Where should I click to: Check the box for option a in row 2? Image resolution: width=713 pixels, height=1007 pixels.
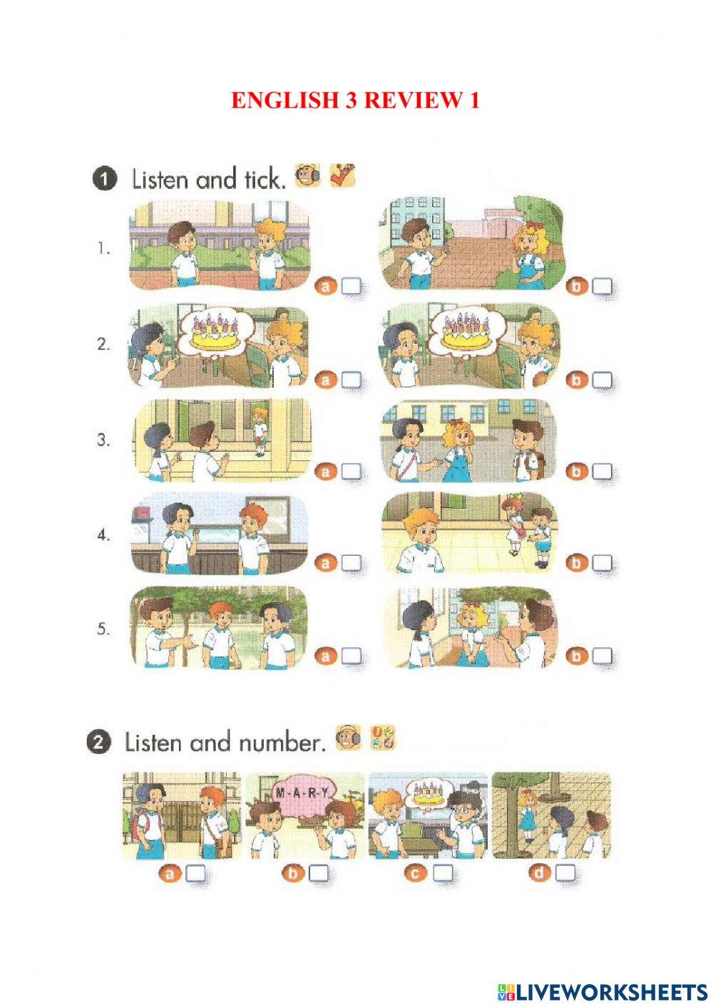(x=351, y=380)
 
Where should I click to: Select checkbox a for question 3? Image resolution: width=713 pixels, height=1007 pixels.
(x=351, y=471)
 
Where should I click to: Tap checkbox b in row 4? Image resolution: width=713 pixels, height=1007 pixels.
(x=602, y=563)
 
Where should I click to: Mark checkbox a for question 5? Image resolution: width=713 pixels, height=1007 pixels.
(x=351, y=656)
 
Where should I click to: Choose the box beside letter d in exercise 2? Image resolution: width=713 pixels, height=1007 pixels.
(x=565, y=872)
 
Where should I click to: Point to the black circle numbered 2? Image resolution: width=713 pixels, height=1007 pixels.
(x=99, y=743)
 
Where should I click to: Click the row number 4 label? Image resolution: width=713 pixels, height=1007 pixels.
(x=104, y=535)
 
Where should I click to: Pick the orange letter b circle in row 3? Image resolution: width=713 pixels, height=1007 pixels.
(x=576, y=471)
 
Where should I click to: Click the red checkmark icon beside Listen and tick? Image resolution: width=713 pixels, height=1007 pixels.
(x=342, y=175)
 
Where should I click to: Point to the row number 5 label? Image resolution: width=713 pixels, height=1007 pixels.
(x=104, y=629)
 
